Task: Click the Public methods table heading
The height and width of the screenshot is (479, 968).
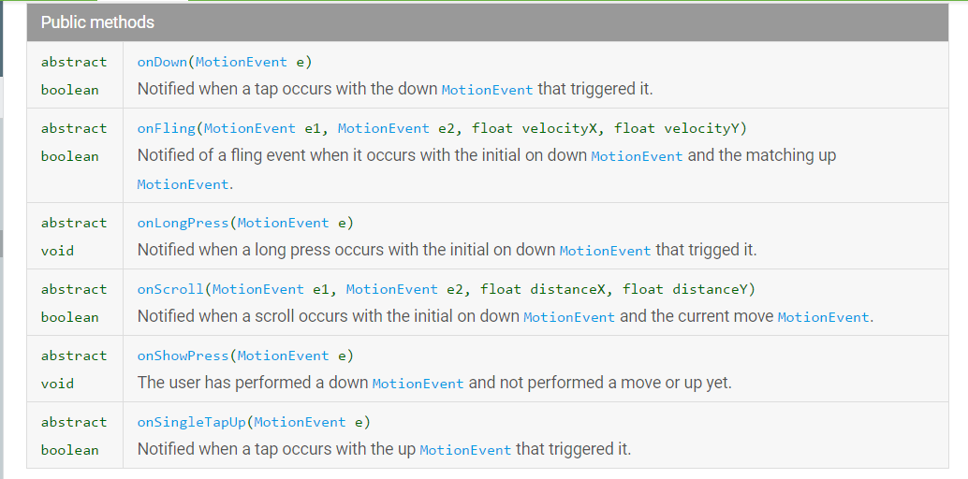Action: pos(97,22)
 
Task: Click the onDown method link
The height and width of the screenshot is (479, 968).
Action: pos(162,63)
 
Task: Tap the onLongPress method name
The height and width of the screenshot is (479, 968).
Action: pos(183,223)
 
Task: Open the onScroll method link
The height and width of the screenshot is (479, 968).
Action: pos(170,289)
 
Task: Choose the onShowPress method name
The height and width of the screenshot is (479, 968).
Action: pos(183,356)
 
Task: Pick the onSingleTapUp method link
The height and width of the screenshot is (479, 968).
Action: pos(190,422)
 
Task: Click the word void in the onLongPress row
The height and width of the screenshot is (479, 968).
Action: pos(57,251)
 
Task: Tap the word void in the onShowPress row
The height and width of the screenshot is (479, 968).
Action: pos(57,384)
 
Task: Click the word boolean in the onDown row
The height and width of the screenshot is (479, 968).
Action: pos(69,91)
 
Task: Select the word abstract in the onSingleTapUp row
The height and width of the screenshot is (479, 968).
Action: pos(74,422)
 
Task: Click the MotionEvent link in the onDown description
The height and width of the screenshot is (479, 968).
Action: pos(487,91)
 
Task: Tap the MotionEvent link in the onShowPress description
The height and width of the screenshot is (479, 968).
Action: pos(418,384)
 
